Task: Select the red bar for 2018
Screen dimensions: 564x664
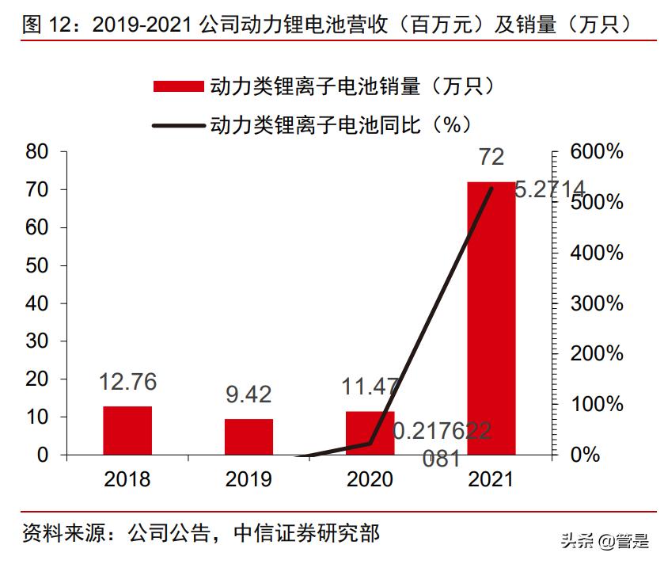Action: tap(127, 431)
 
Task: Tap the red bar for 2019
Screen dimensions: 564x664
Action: tap(249, 437)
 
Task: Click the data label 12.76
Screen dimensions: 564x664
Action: tap(127, 382)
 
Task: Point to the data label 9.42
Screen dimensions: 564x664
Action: tap(249, 394)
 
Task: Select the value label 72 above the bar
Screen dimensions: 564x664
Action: tap(491, 157)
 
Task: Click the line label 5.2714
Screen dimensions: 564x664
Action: tap(549, 190)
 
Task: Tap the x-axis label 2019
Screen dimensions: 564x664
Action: tap(249, 479)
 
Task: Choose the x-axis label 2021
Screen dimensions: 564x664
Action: tap(491, 479)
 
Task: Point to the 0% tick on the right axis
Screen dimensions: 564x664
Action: tap(588, 455)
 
